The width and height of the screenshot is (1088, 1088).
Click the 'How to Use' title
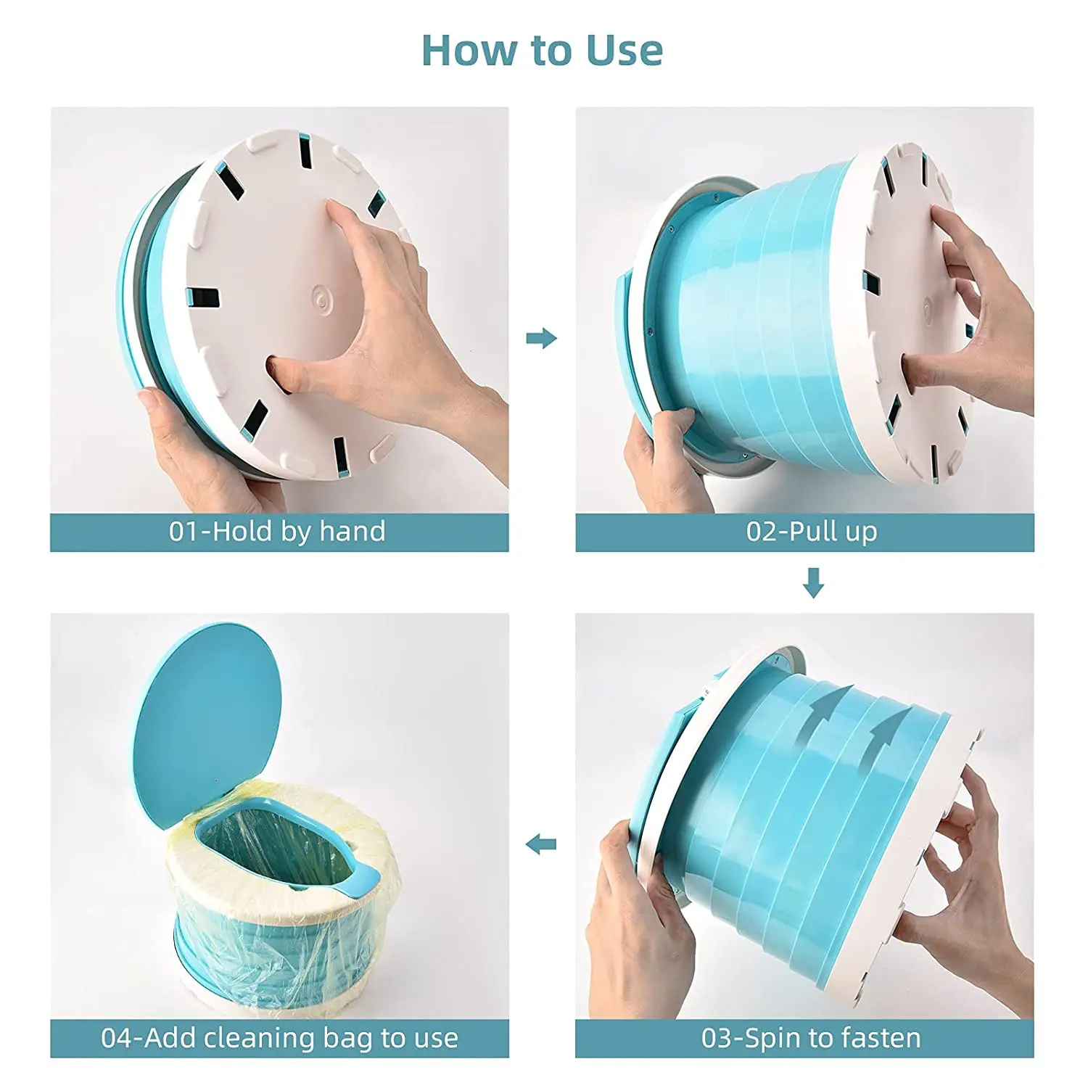point(542,51)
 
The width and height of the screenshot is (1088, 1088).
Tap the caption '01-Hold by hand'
point(278,532)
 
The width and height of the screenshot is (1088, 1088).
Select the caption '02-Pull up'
point(812,532)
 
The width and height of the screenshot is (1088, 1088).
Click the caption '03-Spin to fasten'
point(811,1038)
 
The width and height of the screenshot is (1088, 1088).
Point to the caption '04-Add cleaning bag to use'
point(279,1038)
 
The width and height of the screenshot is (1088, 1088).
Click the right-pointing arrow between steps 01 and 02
point(541,337)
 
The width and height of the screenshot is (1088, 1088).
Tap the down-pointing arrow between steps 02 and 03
point(813,582)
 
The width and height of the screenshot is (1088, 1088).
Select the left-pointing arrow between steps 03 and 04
point(541,844)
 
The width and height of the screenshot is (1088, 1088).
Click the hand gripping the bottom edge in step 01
point(196,442)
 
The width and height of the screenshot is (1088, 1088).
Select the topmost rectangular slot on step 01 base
point(305,149)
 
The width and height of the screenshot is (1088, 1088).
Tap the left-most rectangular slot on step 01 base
point(202,297)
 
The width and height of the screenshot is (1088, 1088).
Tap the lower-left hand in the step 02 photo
point(664,457)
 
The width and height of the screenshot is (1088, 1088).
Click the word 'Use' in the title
point(624,51)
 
